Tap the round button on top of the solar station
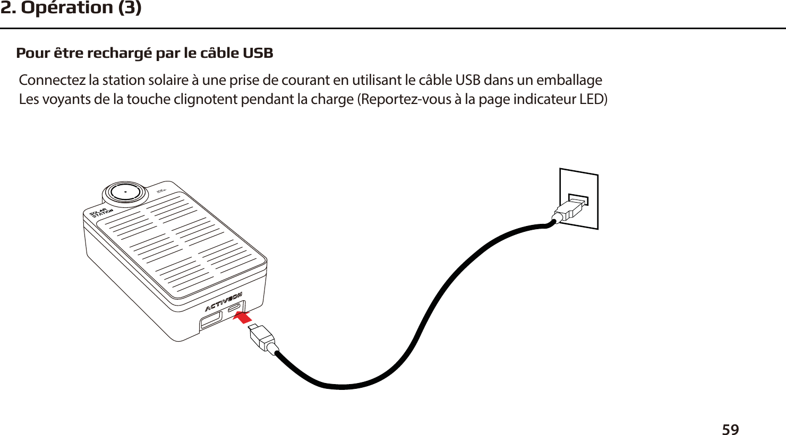[x=125, y=193]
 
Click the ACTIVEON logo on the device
[x=224, y=302]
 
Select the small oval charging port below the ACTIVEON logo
[x=234, y=308]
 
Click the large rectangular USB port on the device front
[x=211, y=320]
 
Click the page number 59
[x=731, y=429]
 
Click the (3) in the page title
[x=130, y=8]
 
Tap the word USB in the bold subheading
[x=258, y=54]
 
